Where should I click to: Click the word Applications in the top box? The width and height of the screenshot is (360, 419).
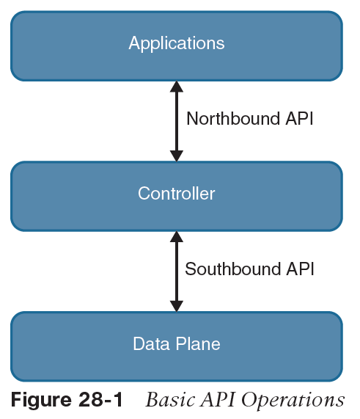click(177, 43)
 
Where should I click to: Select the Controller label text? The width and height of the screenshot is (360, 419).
click(177, 193)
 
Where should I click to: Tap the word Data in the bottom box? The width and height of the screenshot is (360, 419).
click(151, 343)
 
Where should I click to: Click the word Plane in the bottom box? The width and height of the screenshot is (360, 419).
click(198, 343)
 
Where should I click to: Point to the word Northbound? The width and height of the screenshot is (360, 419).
click(233, 118)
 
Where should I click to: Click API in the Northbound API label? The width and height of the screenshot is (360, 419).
click(299, 118)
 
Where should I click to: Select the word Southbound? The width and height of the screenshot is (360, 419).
click(232, 269)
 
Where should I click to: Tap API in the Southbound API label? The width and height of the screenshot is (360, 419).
click(300, 269)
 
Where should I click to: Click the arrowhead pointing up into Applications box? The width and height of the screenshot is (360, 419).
click(177, 87)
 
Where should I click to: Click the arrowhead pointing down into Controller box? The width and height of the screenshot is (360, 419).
click(177, 156)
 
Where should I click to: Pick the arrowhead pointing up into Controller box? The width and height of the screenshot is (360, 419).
click(177, 237)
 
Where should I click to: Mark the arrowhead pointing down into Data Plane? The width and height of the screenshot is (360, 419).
click(177, 306)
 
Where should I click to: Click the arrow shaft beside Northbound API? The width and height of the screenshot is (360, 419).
click(177, 121)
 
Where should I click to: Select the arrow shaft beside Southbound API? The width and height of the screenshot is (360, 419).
click(177, 272)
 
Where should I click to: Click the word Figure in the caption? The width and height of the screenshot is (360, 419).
click(41, 401)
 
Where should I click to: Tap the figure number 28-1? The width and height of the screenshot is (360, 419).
click(100, 400)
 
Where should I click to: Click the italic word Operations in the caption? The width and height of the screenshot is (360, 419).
click(293, 401)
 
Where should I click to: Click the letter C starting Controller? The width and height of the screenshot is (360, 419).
click(144, 193)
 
